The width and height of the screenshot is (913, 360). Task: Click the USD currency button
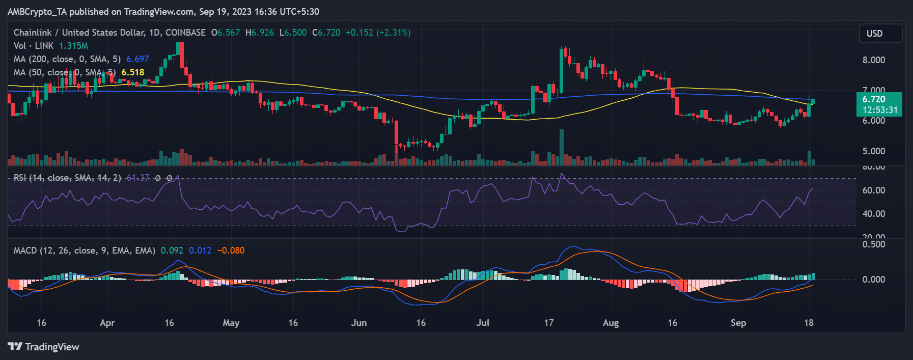(x=880, y=34)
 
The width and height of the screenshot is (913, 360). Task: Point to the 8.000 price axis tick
(x=873, y=60)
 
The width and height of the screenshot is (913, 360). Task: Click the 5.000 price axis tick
(x=873, y=151)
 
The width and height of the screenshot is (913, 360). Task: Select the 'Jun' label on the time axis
(x=358, y=323)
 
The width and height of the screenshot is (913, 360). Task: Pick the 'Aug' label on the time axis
(x=611, y=323)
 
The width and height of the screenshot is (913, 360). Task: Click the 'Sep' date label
(x=738, y=323)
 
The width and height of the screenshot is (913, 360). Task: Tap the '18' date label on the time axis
(x=809, y=323)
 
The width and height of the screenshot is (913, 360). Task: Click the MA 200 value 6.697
(x=137, y=59)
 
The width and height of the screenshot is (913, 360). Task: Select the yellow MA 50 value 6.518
(x=133, y=72)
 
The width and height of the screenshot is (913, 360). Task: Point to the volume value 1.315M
(x=73, y=46)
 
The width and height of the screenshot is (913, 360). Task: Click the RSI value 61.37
(x=138, y=178)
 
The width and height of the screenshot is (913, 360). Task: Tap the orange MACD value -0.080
(x=231, y=251)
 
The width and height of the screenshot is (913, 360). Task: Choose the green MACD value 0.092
(x=172, y=251)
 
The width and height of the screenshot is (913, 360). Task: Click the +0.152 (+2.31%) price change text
(x=378, y=33)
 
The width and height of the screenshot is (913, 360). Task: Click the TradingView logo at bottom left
(x=44, y=347)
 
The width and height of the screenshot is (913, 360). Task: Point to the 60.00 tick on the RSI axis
(x=873, y=190)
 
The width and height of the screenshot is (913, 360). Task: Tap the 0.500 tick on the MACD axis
(x=873, y=244)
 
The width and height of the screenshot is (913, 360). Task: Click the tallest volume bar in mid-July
(x=562, y=148)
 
